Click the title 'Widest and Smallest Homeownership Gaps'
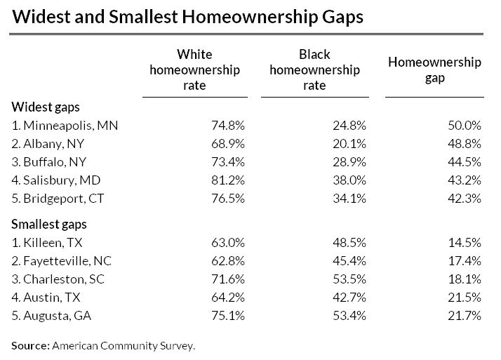click(188, 16)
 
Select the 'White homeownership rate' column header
click(194, 70)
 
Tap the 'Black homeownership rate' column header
click(314, 70)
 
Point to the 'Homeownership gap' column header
click(434, 70)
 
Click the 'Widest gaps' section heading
click(46, 107)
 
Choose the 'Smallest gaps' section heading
click(50, 225)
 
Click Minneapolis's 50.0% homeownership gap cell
click(464, 126)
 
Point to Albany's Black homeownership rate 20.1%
click(349, 144)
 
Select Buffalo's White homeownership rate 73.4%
click(228, 162)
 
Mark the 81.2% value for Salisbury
click(228, 180)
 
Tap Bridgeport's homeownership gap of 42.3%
click(464, 199)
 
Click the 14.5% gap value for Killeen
click(464, 244)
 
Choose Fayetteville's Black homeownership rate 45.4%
click(349, 262)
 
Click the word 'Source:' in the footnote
click(32, 345)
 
